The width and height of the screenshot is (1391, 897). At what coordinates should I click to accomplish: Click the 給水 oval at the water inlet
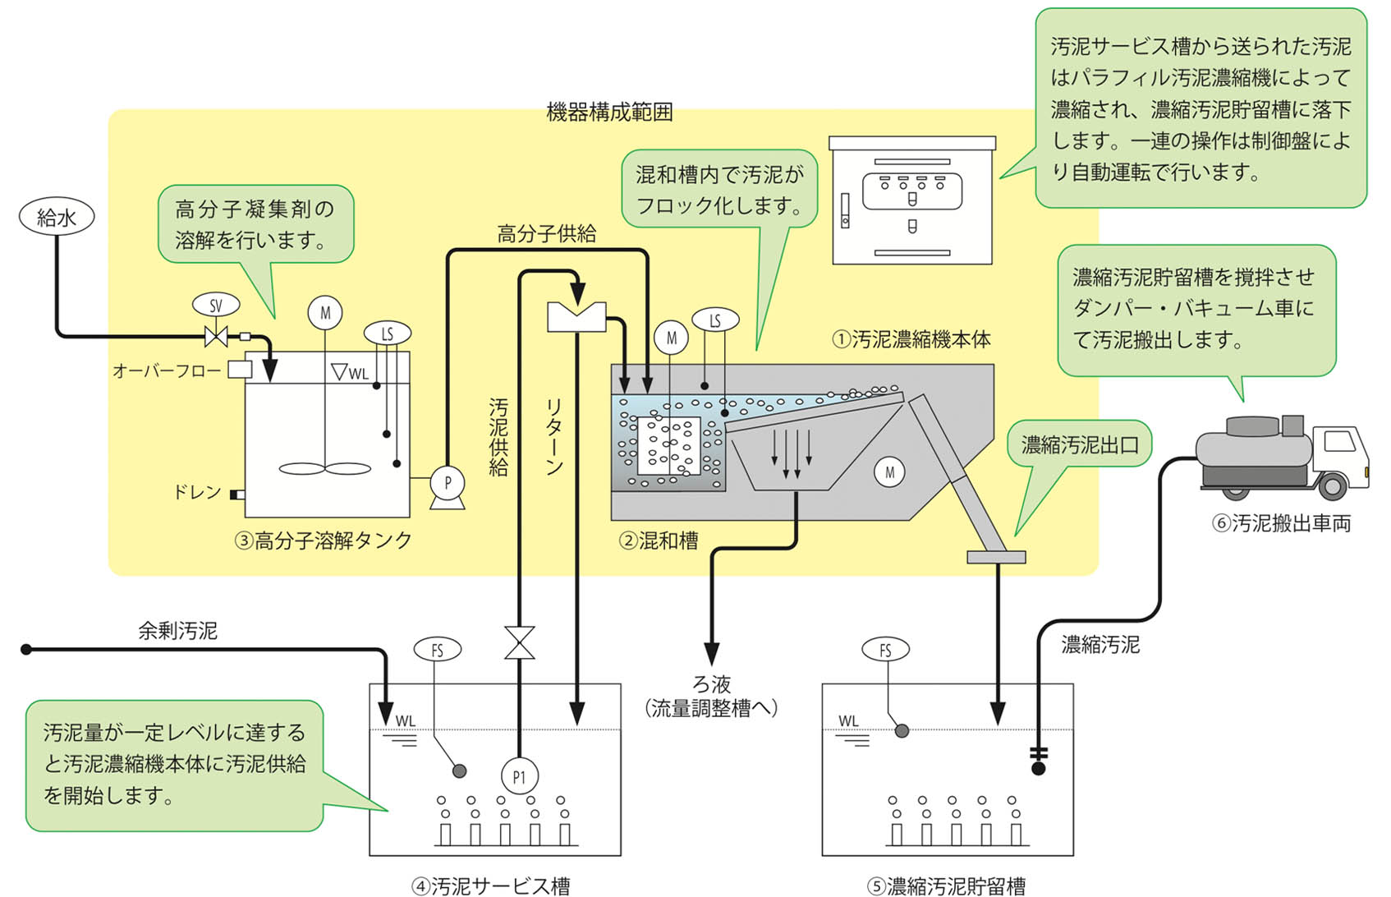(x=57, y=217)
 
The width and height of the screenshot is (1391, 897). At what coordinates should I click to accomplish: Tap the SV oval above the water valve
(x=216, y=306)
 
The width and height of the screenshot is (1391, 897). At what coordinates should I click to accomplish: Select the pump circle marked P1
(x=519, y=776)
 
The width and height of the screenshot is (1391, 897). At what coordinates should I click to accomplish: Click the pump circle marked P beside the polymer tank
(x=448, y=483)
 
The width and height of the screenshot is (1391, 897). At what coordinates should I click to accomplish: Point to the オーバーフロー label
(x=167, y=371)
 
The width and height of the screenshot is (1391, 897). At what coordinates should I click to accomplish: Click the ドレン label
(x=197, y=492)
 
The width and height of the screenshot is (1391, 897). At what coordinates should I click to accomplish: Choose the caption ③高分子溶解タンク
(x=324, y=540)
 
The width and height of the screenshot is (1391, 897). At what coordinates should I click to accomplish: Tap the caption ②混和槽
(x=659, y=540)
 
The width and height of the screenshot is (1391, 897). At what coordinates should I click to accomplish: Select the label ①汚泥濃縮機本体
(x=911, y=339)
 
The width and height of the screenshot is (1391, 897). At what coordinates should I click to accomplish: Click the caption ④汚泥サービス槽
(x=490, y=885)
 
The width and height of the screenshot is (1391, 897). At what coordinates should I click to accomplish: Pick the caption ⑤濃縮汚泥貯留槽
(x=947, y=885)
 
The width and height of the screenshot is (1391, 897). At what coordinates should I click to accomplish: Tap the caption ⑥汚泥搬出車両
(x=1281, y=523)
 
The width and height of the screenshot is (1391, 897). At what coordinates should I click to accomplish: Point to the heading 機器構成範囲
(x=609, y=113)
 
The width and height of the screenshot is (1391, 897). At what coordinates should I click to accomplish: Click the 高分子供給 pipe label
(x=547, y=234)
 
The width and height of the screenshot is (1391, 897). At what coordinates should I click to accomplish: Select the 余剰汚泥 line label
(x=177, y=631)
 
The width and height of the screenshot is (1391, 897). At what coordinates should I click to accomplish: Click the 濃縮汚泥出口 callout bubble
(x=1080, y=445)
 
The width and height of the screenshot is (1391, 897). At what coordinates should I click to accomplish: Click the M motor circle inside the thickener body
(x=889, y=472)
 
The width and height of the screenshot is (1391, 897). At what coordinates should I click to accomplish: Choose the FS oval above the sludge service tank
(x=437, y=650)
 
